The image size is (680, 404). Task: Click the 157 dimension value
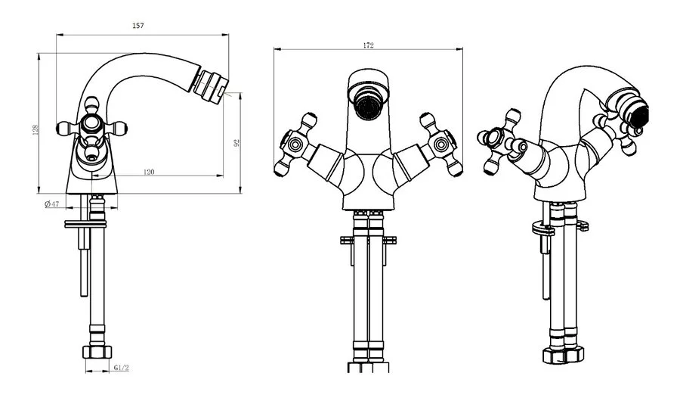[x=138, y=26]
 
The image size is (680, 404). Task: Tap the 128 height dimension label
[x=36, y=129]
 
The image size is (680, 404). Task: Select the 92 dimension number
[x=236, y=143]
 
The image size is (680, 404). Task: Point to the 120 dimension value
[x=149, y=172]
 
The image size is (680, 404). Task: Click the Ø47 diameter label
[x=51, y=204]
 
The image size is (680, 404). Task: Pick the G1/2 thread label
[x=122, y=368]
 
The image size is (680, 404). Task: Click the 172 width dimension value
[x=368, y=45]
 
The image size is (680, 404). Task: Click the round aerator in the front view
[x=369, y=104]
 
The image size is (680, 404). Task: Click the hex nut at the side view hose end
[x=97, y=352]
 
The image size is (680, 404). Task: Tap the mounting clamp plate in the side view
[x=85, y=224]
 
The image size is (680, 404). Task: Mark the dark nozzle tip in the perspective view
[x=641, y=115]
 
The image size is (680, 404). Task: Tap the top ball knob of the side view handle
[x=91, y=104]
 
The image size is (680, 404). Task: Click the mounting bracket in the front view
[x=368, y=240]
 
